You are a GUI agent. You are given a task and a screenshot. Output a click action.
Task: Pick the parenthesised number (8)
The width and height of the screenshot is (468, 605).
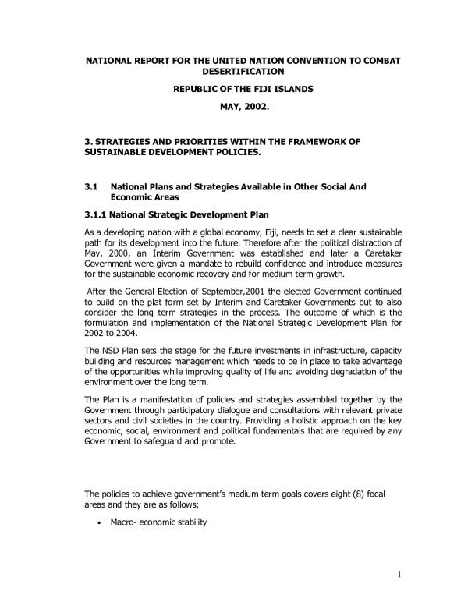click(343, 493)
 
